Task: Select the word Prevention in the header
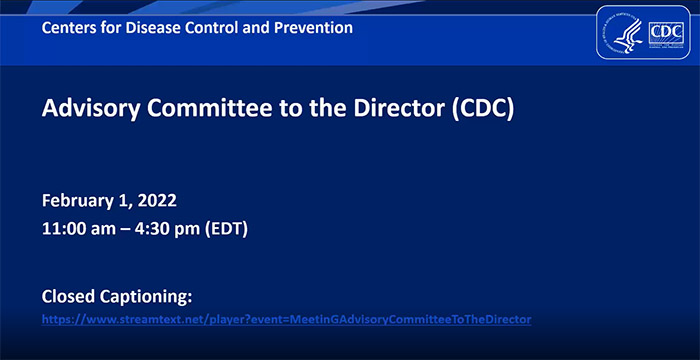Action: pyautogui.click(x=312, y=28)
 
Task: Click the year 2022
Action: pyautogui.click(x=164, y=200)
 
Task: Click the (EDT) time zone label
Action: pyautogui.click(x=226, y=227)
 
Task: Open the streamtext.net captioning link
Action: pyautogui.click(x=286, y=319)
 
